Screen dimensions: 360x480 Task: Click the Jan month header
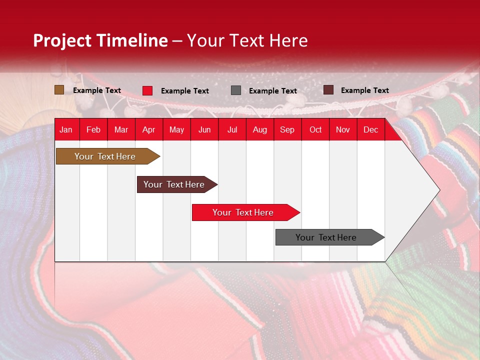(66, 130)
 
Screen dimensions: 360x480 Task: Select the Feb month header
(93, 130)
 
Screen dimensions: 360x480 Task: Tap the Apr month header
(148, 130)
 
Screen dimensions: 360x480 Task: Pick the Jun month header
(204, 130)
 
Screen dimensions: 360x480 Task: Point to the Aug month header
(259, 130)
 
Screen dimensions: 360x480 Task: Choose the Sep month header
(287, 130)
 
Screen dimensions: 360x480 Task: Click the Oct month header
(315, 130)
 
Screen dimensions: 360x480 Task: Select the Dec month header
(370, 130)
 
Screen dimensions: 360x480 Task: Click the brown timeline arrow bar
(105, 156)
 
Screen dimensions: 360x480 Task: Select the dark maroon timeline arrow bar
(174, 184)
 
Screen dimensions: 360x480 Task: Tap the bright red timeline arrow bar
(243, 212)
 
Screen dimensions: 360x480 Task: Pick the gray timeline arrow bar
(326, 237)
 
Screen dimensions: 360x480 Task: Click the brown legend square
(59, 90)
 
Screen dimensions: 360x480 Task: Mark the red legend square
(147, 90)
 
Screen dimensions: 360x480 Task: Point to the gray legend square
(236, 90)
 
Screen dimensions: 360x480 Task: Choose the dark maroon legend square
(328, 90)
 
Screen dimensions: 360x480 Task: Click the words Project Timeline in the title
(100, 40)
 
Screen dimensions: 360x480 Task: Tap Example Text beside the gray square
(272, 91)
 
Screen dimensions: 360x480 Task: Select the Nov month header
(343, 130)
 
